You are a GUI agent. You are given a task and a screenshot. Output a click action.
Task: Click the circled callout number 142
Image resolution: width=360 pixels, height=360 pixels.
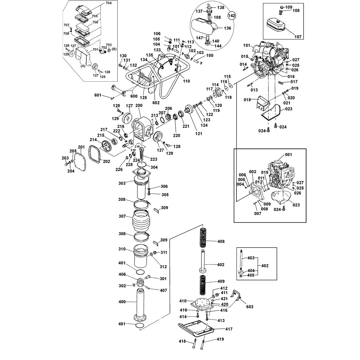click(232, 15)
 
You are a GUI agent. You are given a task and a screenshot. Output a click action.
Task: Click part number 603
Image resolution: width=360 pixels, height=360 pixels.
click(250, 307)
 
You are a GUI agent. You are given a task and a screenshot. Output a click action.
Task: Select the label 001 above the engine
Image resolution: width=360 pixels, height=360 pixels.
click(288, 154)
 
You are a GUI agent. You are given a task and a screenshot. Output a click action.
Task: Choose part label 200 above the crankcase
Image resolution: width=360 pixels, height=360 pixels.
click(139, 105)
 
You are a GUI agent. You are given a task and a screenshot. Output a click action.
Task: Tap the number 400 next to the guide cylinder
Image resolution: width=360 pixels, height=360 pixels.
click(122, 302)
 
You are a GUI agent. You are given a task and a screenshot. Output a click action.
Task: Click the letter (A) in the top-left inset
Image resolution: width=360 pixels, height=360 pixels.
click(82, 66)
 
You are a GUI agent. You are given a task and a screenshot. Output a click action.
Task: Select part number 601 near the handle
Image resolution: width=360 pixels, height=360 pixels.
click(98, 95)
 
